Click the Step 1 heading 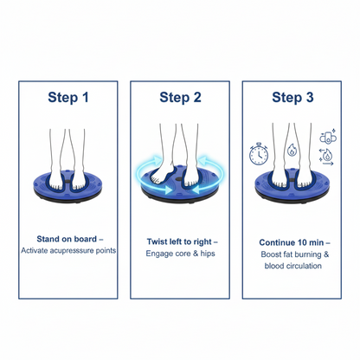pyautogui.click(x=68, y=97)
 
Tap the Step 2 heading pyautogui.click(x=180, y=97)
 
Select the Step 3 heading pyautogui.click(x=292, y=97)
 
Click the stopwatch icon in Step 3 pyautogui.click(x=259, y=154)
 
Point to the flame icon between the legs pyautogui.click(x=292, y=150)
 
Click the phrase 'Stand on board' pyautogui.click(x=67, y=239)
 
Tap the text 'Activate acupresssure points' pyautogui.click(x=68, y=250)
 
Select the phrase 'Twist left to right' pyautogui.click(x=179, y=241)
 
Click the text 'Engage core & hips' pyautogui.click(x=180, y=254)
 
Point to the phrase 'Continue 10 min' pyautogui.click(x=292, y=242)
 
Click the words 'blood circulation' pyautogui.click(x=293, y=266)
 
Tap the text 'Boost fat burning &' pyautogui.click(x=295, y=254)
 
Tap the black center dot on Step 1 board pyautogui.click(x=68, y=181)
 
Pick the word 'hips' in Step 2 pyautogui.click(x=208, y=254)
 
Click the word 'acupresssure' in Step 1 pyautogui.click(x=72, y=251)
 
